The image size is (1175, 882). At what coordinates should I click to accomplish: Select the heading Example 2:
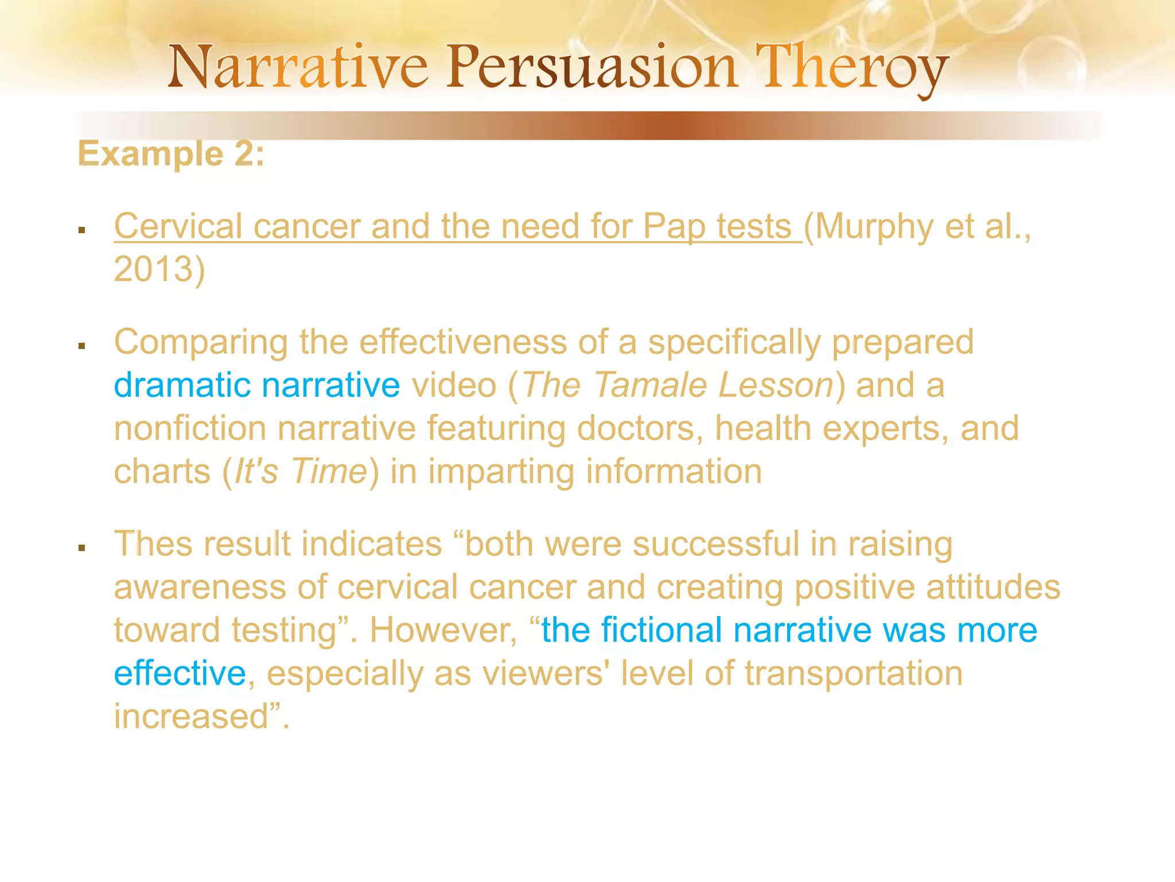click(171, 154)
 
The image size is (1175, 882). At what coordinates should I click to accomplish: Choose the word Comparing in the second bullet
click(201, 342)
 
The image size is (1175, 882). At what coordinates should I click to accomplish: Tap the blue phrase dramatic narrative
click(256, 385)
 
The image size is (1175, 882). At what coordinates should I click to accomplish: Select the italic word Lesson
click(776, 385)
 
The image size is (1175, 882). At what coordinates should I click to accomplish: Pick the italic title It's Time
click(301, 471)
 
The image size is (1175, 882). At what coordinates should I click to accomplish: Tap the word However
click(443, 630)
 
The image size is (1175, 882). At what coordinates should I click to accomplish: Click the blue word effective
click(180, 673)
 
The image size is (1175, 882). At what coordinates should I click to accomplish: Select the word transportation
click(853, 673)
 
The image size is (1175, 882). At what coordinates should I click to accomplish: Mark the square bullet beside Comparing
click(82, 346)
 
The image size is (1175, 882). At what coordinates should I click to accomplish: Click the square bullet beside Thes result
click(82, 548)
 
